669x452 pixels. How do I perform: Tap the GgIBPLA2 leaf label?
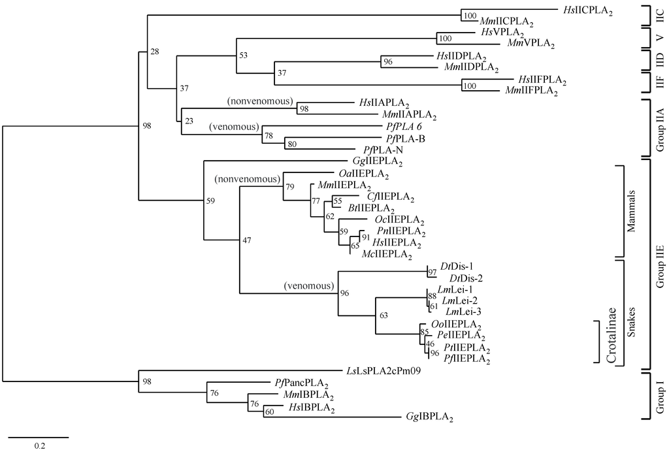tap(430, 416)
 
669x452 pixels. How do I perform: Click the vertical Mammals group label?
tap(630, 211)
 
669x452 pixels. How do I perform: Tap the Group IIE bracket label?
tap(660, 263)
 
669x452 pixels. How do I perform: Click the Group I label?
tap(660, 398)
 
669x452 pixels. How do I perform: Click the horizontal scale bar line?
tap(39, 436)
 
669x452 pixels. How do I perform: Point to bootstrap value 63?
tap(383, 315)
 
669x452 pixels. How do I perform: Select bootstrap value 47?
tap(247, 240)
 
